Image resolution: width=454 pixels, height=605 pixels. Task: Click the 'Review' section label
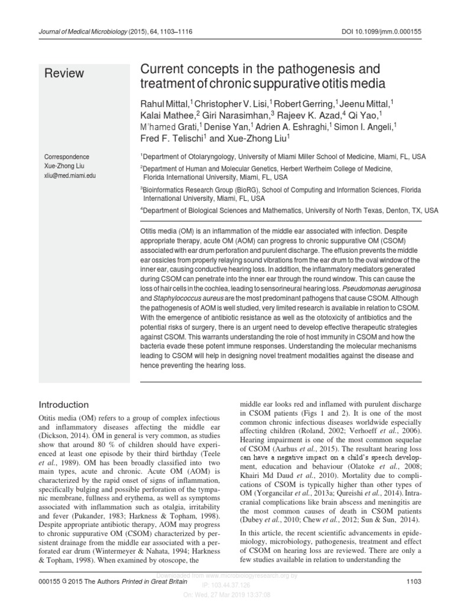[x=64, y=73]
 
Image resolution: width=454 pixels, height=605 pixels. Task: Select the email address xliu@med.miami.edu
[x=70, y=176]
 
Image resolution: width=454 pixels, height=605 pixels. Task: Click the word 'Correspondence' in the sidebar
[x=67, y=157]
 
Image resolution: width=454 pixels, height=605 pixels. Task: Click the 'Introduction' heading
[x=63, y=405]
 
